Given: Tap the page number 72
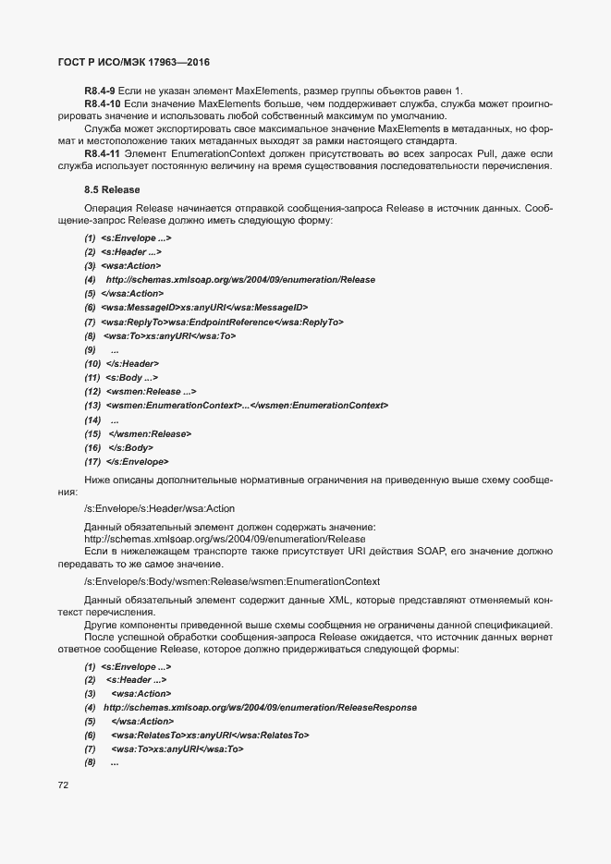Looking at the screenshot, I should [x=63, y=785].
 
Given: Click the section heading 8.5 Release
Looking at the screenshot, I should [x=112, y=189].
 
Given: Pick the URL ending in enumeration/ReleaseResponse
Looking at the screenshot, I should [x=260, y=707].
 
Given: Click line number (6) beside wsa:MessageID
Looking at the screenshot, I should [x=90, y=308].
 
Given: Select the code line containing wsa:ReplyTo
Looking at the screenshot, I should [x=222, y=322].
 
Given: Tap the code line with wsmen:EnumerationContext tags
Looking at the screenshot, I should [x=247, y=405].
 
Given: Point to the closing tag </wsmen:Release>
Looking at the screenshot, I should [x=150, y=433].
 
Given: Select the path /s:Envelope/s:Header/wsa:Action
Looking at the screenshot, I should [x=159, y=507].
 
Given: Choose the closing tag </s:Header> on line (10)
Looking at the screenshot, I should [x=132, y=363].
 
